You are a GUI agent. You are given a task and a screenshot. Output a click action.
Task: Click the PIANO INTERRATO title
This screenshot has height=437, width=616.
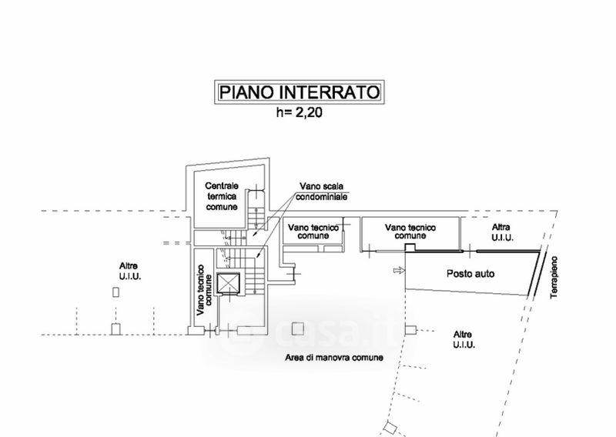tap(300, 92)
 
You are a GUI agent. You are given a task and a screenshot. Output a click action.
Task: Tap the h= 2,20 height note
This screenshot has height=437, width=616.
tap(299, 112)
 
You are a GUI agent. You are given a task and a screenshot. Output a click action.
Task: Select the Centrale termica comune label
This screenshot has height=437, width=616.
tap(222, 196)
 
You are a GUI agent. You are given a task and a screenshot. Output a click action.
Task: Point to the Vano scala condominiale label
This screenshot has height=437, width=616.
tap(321, 192)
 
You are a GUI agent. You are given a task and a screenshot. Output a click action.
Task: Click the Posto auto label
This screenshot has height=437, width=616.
tap(470, 274)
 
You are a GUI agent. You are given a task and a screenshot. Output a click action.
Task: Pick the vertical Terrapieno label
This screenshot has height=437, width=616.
tap(554, 277)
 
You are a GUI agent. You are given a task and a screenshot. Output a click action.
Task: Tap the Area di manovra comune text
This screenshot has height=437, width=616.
tap(334, 358)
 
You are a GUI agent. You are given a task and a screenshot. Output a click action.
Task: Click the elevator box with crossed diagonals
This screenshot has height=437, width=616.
tap(228, 283)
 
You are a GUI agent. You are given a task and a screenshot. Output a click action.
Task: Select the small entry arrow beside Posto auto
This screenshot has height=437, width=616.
tap(399, 270)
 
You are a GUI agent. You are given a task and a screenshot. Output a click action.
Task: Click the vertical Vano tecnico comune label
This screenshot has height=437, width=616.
tap(204, 290)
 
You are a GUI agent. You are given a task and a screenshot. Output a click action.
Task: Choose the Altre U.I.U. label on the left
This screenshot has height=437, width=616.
tap(130, 272)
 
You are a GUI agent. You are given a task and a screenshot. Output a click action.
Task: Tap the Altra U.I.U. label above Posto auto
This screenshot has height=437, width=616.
tap(503, 232)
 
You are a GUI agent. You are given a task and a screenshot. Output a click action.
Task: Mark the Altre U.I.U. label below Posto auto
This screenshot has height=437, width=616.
tap(464, 339)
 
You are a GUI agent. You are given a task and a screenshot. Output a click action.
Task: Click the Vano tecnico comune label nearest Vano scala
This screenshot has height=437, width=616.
tap(313, 232)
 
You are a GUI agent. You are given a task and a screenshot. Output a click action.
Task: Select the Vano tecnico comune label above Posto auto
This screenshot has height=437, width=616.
tap(410, 232)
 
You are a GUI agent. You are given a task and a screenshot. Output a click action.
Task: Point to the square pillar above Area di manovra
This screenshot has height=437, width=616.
tap(298, 329)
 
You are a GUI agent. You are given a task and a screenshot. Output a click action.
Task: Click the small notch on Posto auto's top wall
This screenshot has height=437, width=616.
tap(410, 248)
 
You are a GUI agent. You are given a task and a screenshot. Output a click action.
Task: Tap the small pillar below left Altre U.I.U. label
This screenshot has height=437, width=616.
tap(115, 292)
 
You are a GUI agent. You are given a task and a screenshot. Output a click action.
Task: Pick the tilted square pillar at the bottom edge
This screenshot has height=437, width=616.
tap(390, 428)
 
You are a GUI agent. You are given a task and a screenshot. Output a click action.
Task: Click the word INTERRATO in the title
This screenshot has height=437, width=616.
tap(330, 92)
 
